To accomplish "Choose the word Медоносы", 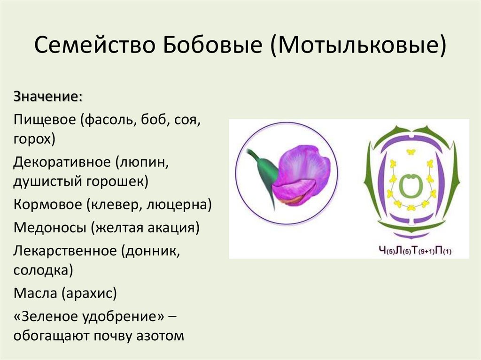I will click(49, 228).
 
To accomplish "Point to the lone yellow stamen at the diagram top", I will click(411, 152).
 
